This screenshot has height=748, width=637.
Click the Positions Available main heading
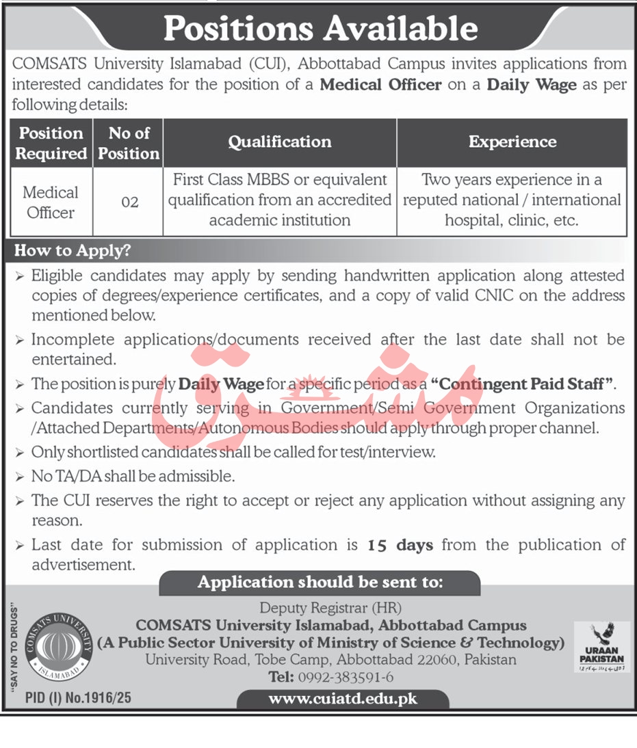(x=320, y=28)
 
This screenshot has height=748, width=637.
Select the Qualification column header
(x=279, y=142)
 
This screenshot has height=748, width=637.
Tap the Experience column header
(x=512, y=142)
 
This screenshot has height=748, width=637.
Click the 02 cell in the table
(x=129, y=202)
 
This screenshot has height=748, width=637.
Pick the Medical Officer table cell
(x=51, y=202)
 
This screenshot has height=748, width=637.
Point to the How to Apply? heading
(x=73, y=250)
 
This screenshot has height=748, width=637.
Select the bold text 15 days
(x=400, y=545)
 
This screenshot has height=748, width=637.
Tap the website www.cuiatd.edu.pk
(x=342, y=699)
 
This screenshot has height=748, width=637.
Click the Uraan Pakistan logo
(x=601, y=647)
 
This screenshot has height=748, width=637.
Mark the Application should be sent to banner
(x=320, y=583)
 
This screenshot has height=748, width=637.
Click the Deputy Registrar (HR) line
(x=330, y=607)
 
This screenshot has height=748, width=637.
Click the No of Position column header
(x=129, y=142)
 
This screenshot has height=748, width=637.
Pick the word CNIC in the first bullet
(x=516, y=295)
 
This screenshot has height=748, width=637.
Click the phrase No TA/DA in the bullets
(x=65, y=476)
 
